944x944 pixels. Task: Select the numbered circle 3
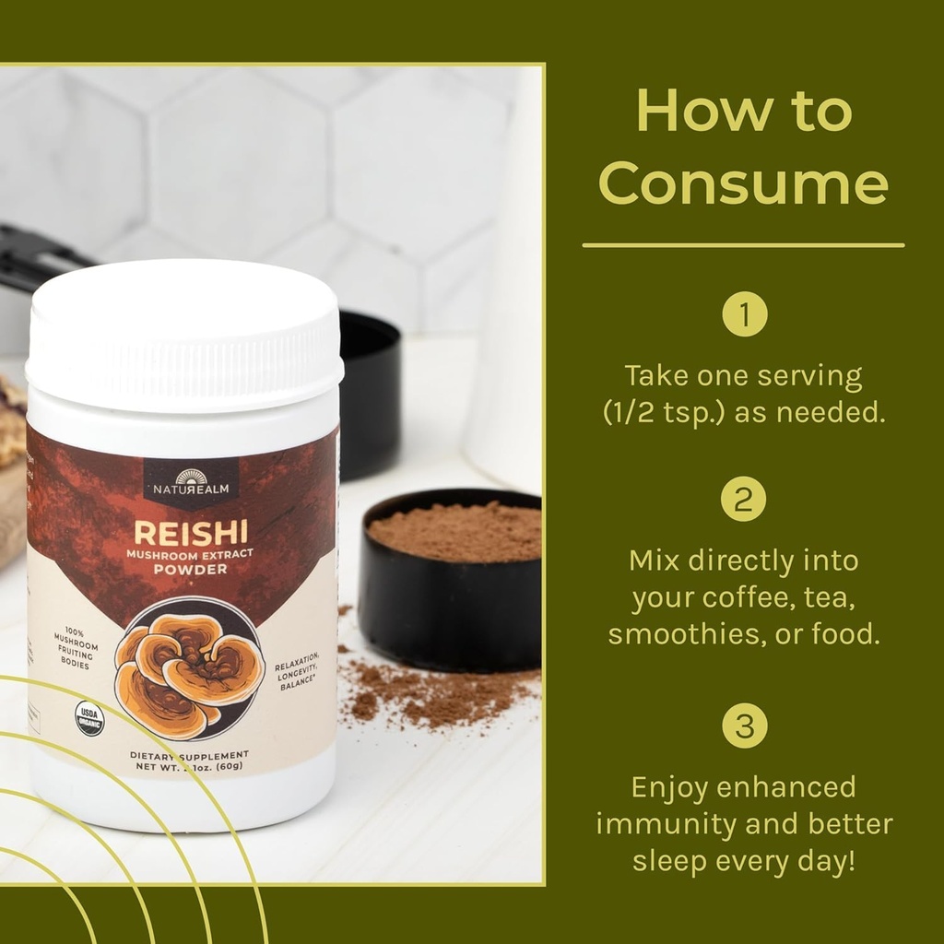(x=744, y=727)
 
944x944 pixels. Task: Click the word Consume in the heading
(x=743, y=183)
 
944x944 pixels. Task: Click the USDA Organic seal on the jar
(x=89, y=718)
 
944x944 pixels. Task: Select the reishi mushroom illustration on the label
(x=189, y=670)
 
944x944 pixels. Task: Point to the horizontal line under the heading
(x=743, y=245)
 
